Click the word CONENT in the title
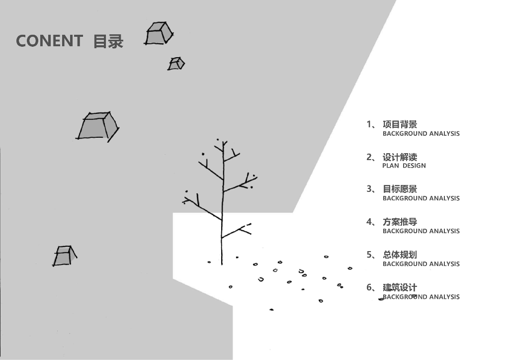point(49,41)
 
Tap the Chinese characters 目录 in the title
point(108,41)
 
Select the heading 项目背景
point(400,124)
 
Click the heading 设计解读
point(400,157)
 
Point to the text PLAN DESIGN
point(404,166)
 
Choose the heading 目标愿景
point(400,189)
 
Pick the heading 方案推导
point(400,222)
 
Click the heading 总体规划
point(400,255)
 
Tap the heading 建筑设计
point(400,287)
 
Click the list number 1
point(369,124)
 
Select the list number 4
point(369,222)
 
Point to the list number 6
point(369,287)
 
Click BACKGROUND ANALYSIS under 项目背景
point(421,134)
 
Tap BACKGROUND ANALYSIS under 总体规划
point(421,264)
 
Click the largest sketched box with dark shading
point(98,126)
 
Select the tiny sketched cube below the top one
point(175,64)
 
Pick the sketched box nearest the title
point(159,34)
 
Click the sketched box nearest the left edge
point(64,256)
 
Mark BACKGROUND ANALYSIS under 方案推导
point(421,231)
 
